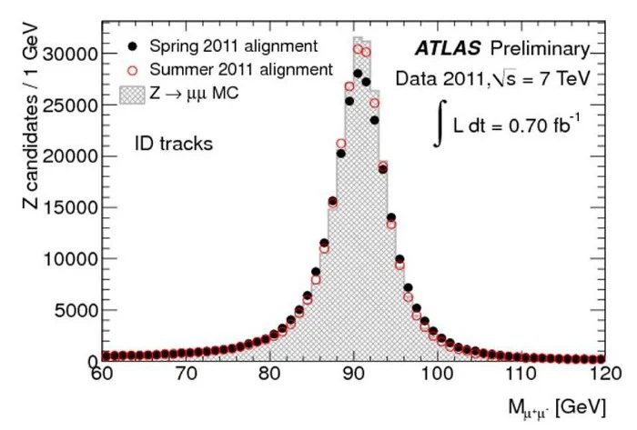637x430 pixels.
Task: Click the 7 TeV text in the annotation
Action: point(559,79)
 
